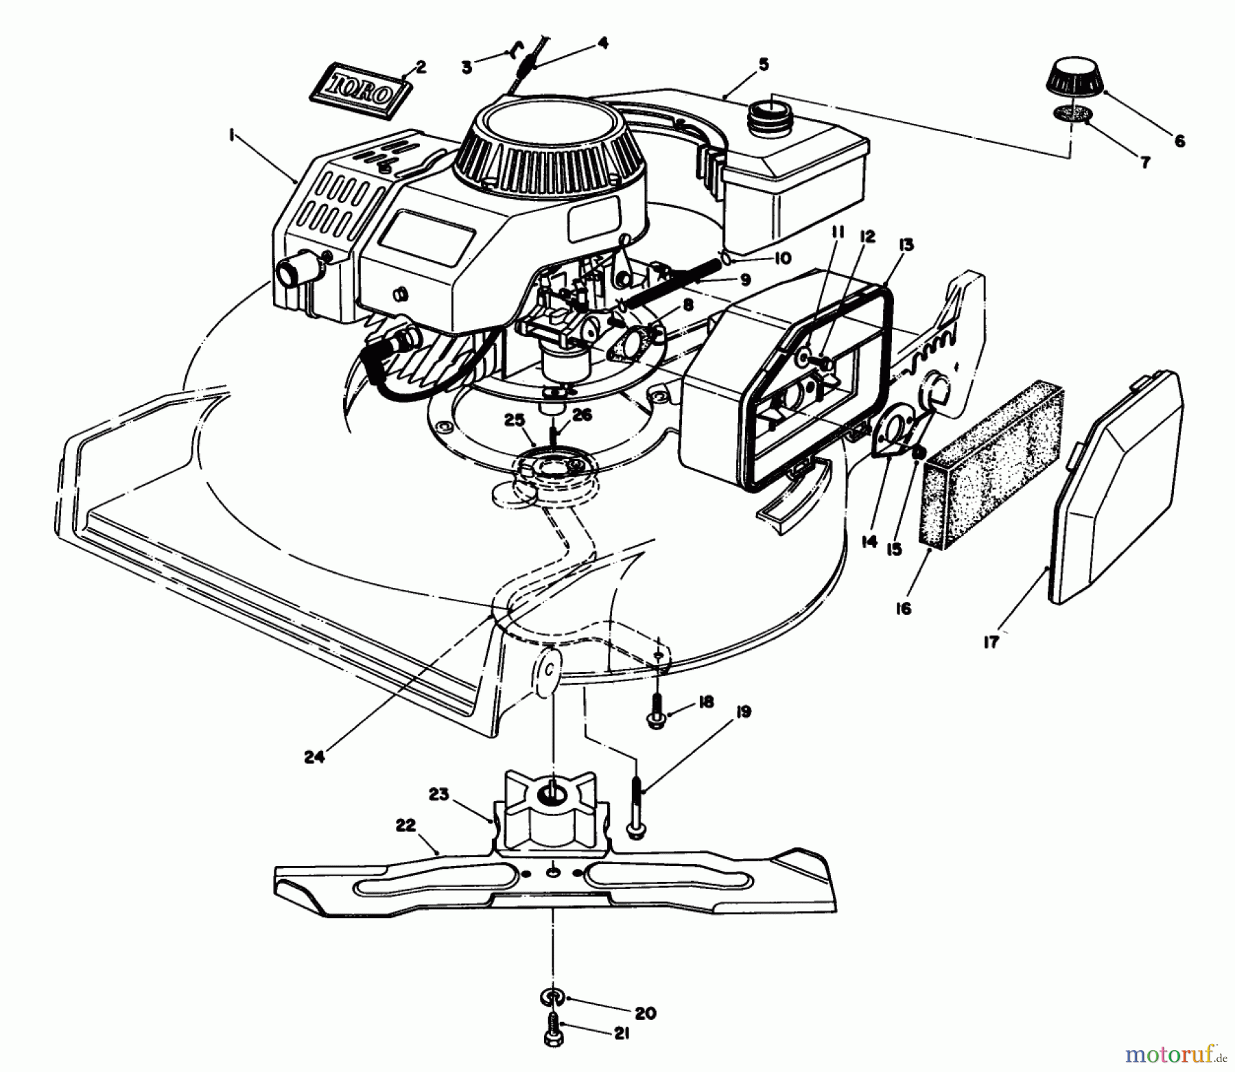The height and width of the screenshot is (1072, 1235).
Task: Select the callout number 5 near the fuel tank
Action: (x=764, y=66)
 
